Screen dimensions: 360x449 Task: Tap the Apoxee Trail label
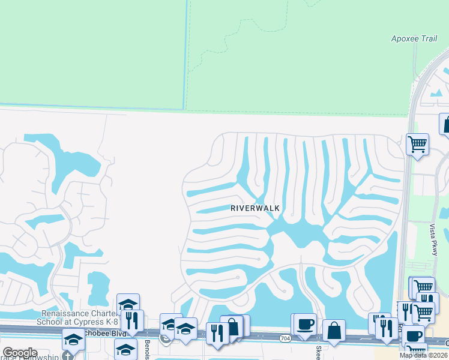[414, 39]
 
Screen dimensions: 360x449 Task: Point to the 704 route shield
[285, 338]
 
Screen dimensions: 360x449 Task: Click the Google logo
[20, 353]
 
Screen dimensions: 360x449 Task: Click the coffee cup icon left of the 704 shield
[306, 325]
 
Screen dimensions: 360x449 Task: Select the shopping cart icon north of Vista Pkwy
[417, 144]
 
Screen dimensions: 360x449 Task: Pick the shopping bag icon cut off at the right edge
[445, 124]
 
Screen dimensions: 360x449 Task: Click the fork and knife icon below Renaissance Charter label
[132, 320]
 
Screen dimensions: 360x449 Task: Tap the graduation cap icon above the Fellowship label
[74, 340]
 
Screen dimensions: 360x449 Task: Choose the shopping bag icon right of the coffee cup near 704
[334, 331]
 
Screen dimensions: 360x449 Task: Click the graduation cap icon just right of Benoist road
[171, 325]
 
